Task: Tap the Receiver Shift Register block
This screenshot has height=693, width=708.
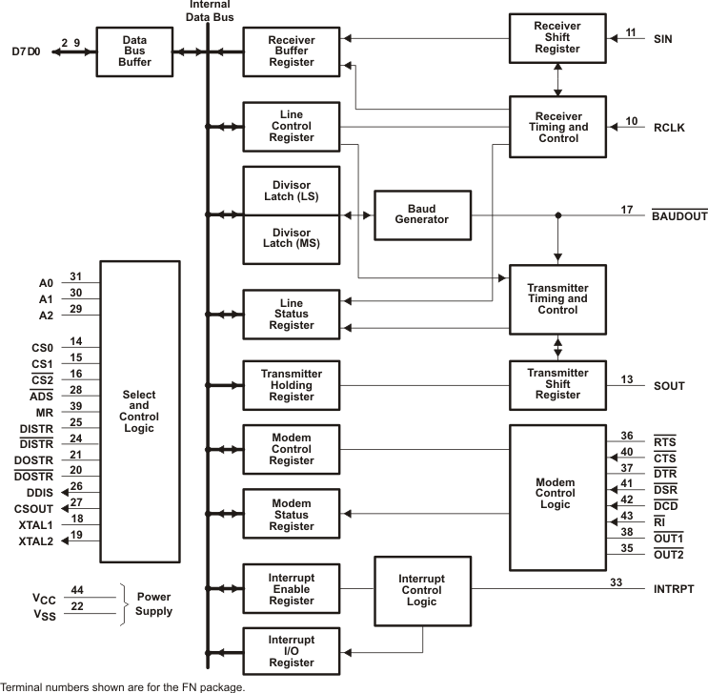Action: [557, 38]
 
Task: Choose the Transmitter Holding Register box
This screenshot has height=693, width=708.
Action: [292, 385]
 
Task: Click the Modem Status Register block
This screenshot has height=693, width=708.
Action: [292, 514]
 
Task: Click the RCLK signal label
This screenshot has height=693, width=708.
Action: [669, 128]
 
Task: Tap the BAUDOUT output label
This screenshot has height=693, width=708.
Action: [678, 217]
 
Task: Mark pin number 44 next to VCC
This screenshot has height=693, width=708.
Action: [76, 590]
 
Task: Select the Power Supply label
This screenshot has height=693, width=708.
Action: [153, 604]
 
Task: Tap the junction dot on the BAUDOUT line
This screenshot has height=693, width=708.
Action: [558, 215]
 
